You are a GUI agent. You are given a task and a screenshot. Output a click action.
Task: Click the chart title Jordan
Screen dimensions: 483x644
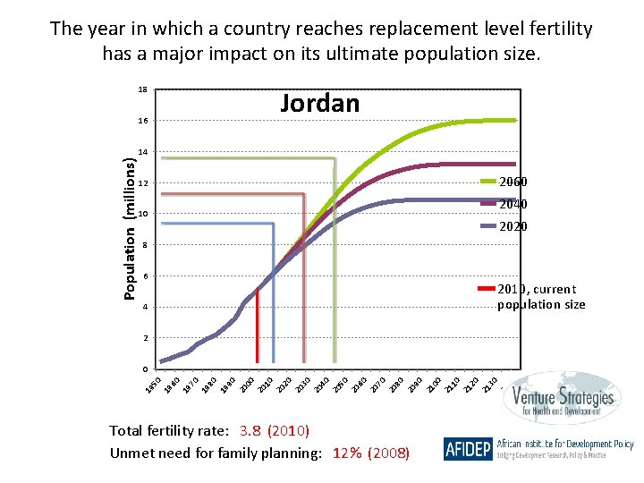319,104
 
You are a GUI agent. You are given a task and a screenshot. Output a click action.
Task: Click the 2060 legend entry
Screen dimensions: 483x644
513,182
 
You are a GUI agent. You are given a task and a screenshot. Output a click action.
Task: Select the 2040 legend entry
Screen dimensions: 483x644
513,205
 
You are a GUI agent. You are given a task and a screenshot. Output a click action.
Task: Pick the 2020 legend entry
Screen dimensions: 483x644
513,227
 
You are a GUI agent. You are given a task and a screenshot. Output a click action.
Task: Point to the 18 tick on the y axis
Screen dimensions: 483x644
143,90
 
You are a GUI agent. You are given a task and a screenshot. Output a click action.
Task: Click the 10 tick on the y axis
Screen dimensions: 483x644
143,215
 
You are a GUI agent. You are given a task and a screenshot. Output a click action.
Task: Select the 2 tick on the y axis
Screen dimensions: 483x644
145,339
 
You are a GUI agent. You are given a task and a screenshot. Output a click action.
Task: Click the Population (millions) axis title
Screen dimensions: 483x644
131,229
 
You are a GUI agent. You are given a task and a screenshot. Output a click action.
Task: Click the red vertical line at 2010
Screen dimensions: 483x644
258,331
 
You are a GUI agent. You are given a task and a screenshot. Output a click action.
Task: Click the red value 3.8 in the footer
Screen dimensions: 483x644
251,431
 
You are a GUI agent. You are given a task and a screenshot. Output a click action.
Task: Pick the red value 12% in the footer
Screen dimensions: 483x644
348,453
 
